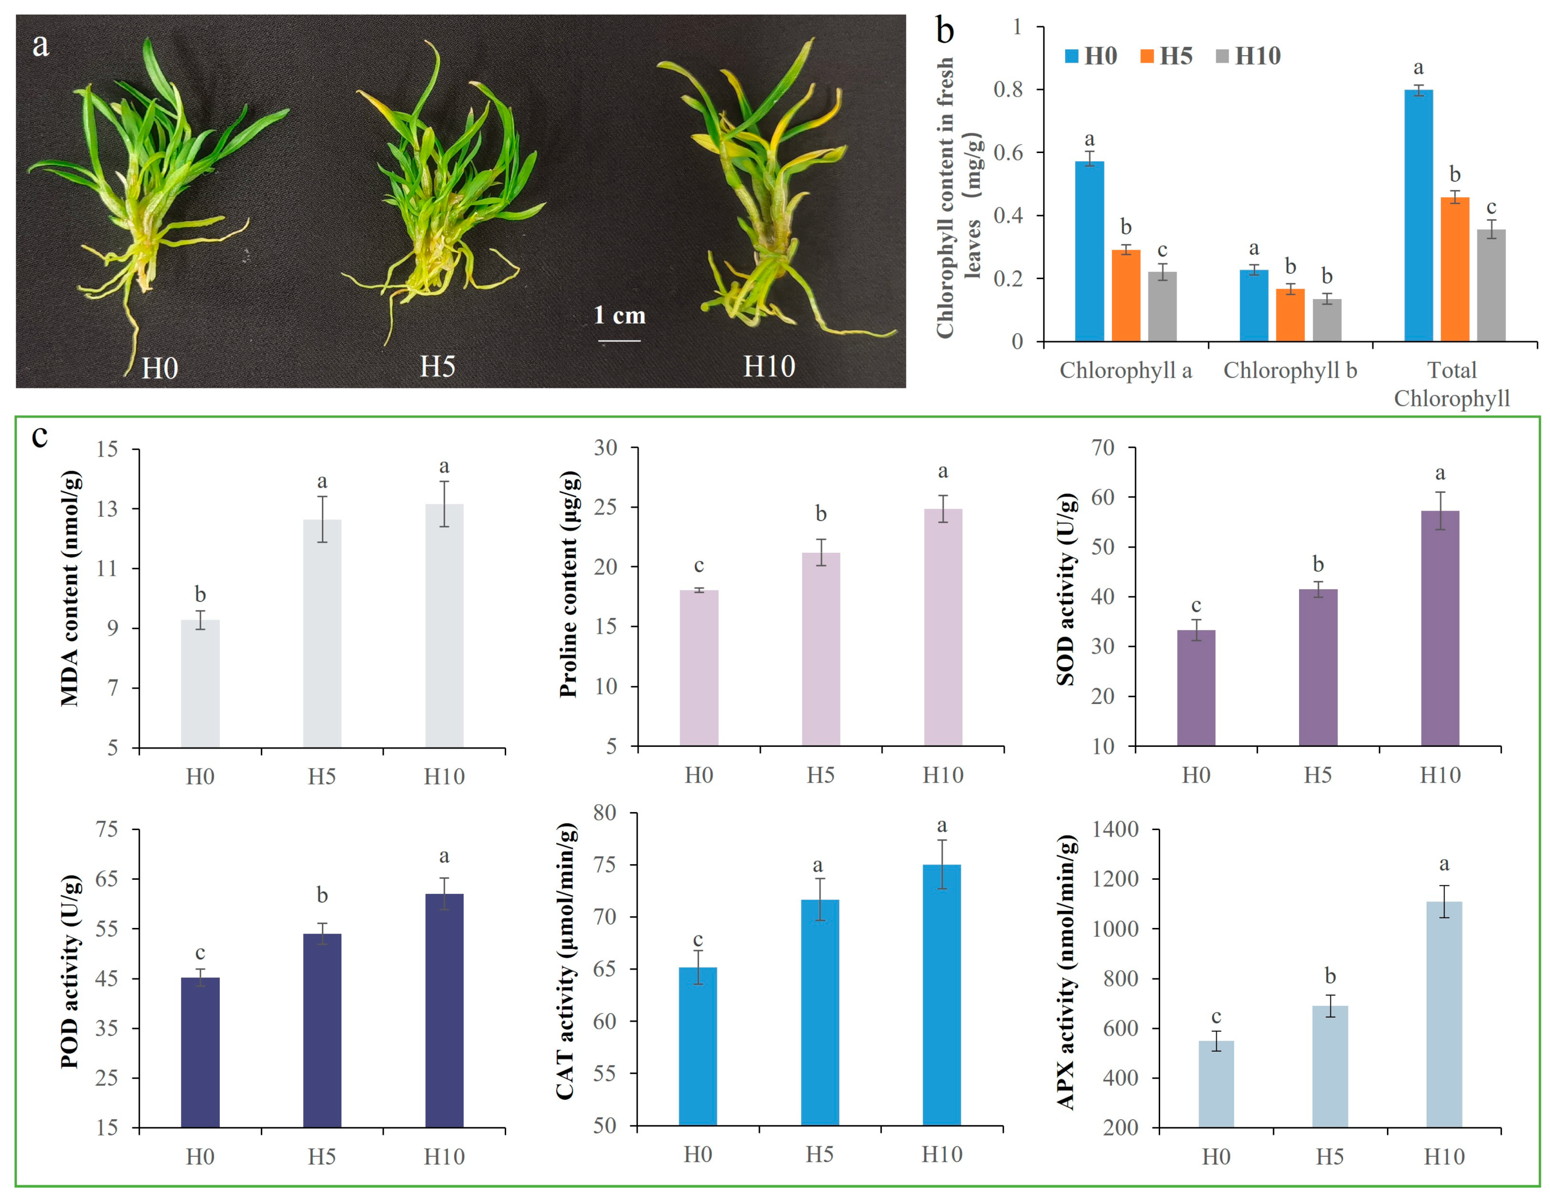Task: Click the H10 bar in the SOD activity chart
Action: click(x=1440, y=628)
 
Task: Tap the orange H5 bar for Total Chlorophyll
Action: click(x=1455, y=270)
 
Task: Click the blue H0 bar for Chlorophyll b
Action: click(x=1254, y=305)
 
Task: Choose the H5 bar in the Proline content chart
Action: click(x=821, y=649)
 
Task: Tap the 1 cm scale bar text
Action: click(x=620, y=315)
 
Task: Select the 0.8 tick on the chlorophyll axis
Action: click(x=1008, y=89)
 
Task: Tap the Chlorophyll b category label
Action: click(x=1290, y=370)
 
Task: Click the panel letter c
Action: click(x=40, y=435)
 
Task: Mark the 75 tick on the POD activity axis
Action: click(x=107, y=829)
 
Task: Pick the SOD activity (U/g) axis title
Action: click(x=1066, y=589)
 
